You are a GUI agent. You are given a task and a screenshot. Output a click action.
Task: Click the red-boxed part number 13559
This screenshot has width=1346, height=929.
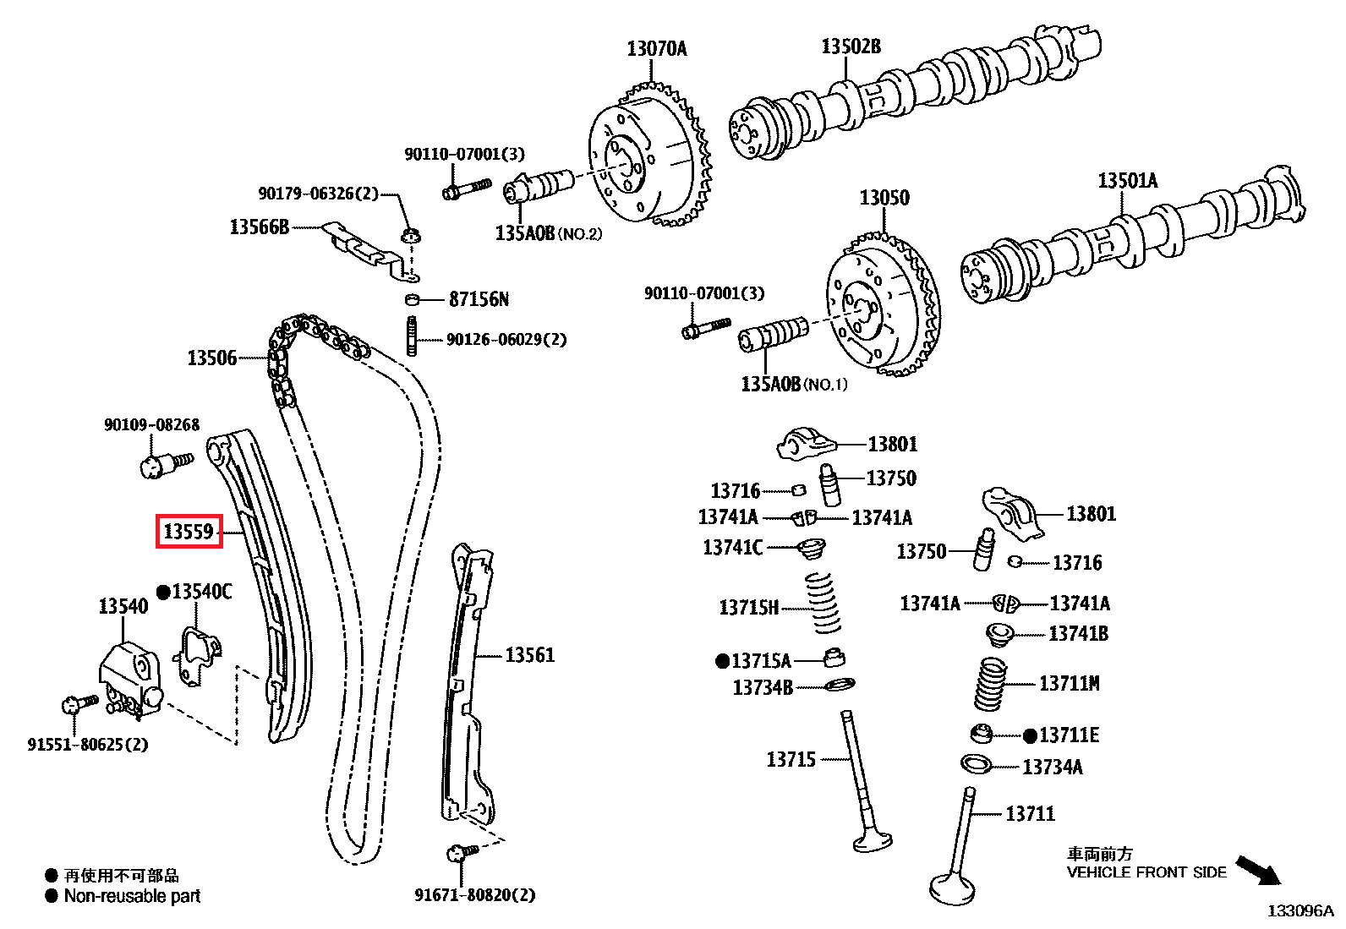pyautogui.click(x=189, y=532)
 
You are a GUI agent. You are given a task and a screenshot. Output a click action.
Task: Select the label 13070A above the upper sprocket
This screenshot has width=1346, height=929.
pyautogui.click(x=656, y=49)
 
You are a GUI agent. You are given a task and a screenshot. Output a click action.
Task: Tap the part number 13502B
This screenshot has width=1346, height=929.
pyautogui.click(x=851, y=46)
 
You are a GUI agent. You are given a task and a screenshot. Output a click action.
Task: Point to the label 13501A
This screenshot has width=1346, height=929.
pyautogui.click(x=1127, y=180)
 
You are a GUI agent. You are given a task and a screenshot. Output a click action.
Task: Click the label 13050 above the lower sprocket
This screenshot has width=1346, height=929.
pyautogui.click(x=884, y=198)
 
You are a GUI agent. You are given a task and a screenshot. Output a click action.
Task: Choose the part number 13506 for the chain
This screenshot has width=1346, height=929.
pyautogui.click(x=211, y=358)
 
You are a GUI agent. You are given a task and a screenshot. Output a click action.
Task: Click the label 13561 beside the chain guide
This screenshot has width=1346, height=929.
pyautogui.click(x=529, y=655)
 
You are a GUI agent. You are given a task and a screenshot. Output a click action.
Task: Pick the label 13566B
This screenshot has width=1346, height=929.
pyautogui.click(x=259, y=227)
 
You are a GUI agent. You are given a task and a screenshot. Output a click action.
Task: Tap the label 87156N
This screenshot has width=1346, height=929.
pyautogui.click(x=479, y=299)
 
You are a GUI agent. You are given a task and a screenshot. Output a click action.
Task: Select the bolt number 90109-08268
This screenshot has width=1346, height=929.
pyautogui.click(x=151, y=424)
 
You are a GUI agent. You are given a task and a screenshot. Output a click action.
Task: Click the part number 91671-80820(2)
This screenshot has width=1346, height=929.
pyautogui.click(x=474, y=895)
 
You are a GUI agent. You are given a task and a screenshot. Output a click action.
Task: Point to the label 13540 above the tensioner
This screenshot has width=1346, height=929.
pyautogui.click(x=123, y=606)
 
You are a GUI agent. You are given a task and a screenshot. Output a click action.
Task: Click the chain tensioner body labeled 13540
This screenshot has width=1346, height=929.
pyautogui.click(x=129, y=675)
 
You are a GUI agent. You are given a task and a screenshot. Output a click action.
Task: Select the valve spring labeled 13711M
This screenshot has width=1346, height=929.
pyautogui.click(x=990, y=684)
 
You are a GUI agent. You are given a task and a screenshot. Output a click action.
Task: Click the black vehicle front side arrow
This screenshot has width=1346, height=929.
pyautogui.click(x=1259, y=869)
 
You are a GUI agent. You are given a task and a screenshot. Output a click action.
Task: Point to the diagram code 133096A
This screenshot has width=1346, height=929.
pyautogui.click(x=1299, y=910)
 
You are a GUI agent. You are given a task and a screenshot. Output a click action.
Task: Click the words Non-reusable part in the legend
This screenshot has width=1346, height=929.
pyautogui.click(x=132, y=896)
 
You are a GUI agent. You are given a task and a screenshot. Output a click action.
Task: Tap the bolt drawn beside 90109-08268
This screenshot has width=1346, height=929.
pyautogui.click(x=164, y=463)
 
